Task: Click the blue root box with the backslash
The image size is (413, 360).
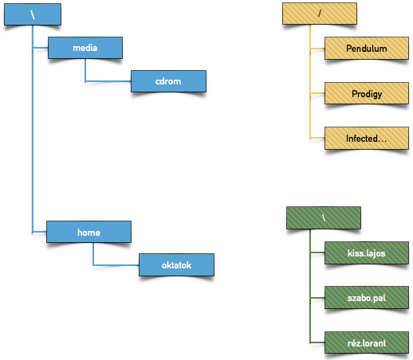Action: pos(33,14)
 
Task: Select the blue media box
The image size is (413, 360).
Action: pos(85,48)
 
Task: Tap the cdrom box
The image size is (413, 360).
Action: pos(168,81)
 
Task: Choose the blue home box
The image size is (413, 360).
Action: pos(88,232)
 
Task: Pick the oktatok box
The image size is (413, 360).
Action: pos(176,264)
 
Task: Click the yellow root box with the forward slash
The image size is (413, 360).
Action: pos(320,14)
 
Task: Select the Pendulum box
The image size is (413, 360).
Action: pos(367,48)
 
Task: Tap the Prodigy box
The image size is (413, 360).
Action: pos(367,93)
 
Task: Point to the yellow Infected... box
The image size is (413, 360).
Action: pos(367,138)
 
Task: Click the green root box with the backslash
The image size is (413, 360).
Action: pos(324,217)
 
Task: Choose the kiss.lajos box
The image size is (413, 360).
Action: pos(367,252)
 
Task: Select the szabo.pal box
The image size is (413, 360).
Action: pos(367,297)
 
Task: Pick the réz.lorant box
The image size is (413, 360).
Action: pos(367,342)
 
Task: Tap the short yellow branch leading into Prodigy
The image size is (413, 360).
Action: pos(317,93)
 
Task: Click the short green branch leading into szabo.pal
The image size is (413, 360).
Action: pos(317,298)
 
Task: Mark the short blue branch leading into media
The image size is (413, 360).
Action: pos(41,48)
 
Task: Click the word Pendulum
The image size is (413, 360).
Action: pos(367,49)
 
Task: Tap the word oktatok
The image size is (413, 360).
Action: pos(176,265)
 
